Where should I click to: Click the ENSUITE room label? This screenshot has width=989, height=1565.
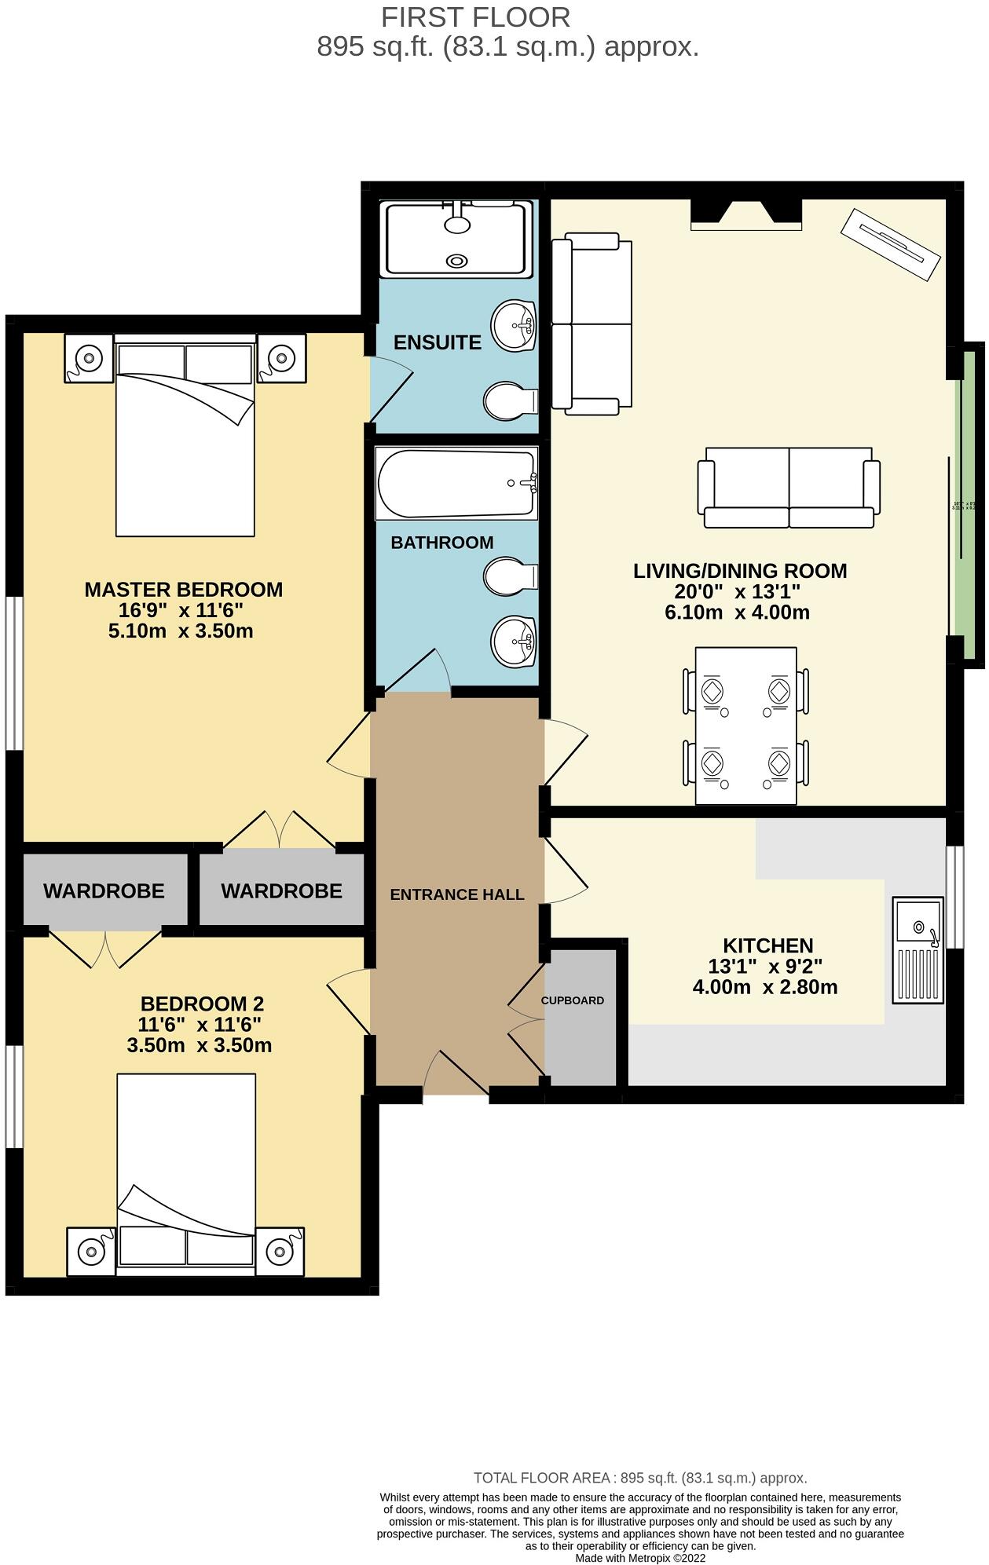437,342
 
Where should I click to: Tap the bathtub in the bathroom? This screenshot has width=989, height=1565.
456,483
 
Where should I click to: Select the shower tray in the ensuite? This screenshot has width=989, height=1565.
457,239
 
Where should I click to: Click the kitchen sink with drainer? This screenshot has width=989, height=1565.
918,950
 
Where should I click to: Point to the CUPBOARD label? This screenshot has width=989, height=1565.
572,1000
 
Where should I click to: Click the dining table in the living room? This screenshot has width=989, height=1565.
745,726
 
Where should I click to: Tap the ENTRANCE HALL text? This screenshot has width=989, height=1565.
456,894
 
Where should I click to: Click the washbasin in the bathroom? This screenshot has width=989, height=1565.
512,641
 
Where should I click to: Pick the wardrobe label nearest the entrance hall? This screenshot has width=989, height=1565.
281,891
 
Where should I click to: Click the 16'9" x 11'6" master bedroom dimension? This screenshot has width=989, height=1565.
181,610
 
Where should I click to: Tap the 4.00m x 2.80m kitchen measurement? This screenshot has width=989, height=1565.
764,987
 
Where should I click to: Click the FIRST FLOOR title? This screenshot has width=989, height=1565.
475,17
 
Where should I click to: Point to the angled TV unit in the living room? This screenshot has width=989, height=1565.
890,244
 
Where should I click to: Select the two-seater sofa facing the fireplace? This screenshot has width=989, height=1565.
788,487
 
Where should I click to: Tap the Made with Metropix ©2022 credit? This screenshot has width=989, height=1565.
640,1558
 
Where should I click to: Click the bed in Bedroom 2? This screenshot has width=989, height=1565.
186,1170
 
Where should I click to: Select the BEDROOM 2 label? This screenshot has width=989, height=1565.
202,1004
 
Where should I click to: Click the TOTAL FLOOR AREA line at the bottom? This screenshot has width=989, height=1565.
640,1478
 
